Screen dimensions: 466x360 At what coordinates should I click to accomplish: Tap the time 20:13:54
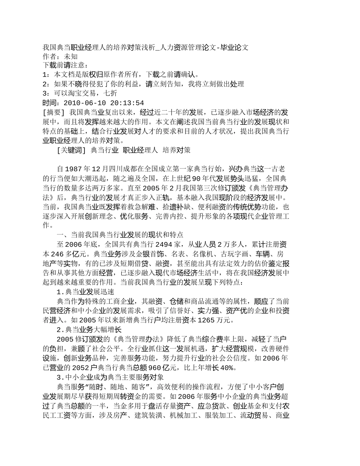tap(127, 103)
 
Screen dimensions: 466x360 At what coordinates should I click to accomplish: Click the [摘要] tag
tap(54, 113)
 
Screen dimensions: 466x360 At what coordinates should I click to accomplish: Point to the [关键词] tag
tap(72, 150)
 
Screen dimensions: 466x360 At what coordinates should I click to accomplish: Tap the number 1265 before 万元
tap(208, 320)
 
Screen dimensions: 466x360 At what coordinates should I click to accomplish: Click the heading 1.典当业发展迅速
tap(85, 292)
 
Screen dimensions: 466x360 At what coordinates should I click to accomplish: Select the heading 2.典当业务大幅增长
tap(89, 330)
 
